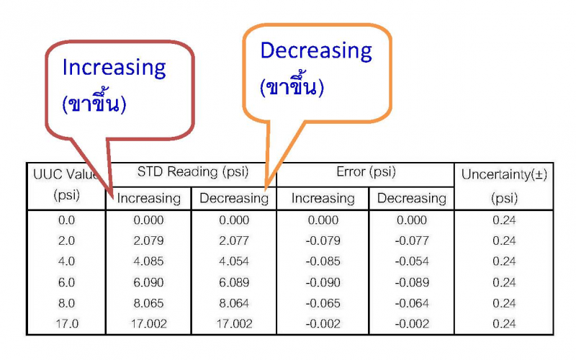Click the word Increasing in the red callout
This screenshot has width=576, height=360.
click(x=114, y=68)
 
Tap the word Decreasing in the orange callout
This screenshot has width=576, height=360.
click(x=316, y=50)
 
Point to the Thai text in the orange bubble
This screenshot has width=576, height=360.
click(x=292, y=86)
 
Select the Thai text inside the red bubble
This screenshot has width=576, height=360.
click(x=94, y=103)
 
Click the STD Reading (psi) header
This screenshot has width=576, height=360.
click(x=193, y=171)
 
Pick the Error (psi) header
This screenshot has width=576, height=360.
click(x=366, y=171)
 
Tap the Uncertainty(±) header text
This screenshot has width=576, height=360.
click(x=505, y=174)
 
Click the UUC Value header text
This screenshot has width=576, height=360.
click(x=66, y=174)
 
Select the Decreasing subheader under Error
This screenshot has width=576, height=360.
click(x=412, y=199)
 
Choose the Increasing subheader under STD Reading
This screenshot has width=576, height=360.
click(x=149, y=199)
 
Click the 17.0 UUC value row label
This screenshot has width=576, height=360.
click(x=67, y=323)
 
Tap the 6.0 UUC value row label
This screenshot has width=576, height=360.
click(x=66, y=282)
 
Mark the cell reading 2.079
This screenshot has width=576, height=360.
click(x=148, y=240)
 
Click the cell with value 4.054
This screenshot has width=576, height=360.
click(x=234, y=261)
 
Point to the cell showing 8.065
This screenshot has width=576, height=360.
click(x=148, y=303)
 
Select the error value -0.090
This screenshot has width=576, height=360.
click(x=323, y=282)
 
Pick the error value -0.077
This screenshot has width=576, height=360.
click(x=412, y=240)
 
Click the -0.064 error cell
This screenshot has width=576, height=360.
click(x=412, y=303)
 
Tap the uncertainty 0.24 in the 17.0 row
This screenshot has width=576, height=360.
click(x=505, y=323)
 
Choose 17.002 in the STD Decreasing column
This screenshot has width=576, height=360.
click(x=234, y=323)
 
